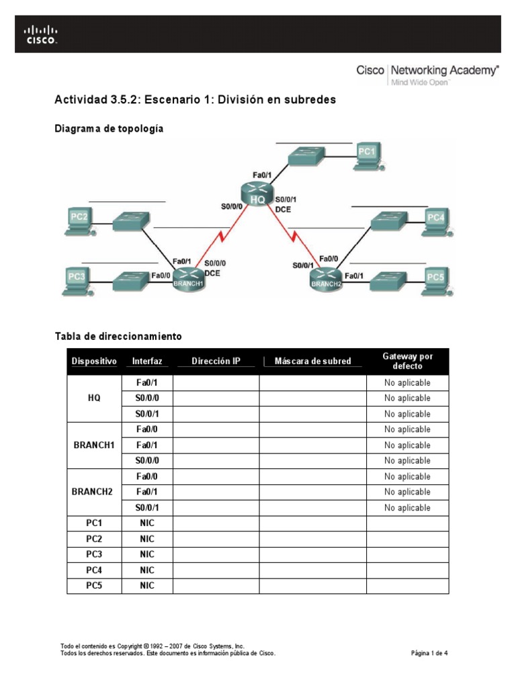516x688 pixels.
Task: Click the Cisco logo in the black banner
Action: (x=42, y=34)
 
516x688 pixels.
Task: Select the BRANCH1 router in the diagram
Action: (x=188, y=278)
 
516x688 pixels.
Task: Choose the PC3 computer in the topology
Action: (x=78, y=279)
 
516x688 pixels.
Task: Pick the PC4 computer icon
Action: (x=435, y=221)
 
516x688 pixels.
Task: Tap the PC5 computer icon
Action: (x=435, y=279)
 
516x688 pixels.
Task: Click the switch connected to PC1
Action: (x=306, y=156)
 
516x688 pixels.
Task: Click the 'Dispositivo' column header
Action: (x=94, y=361)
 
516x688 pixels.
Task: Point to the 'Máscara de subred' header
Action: (x=312, y=361)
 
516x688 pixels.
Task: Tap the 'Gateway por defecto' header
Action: (x=407, y=361)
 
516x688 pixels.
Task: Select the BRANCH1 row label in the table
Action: (x=94, y=445)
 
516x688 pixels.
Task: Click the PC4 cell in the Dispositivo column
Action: (x=94, y=570)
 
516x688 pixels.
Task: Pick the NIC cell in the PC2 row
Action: (x=147, y=539)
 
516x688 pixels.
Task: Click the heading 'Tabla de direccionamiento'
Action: (x=118, y=335)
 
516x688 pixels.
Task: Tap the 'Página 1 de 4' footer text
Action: (x=429, y=652)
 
